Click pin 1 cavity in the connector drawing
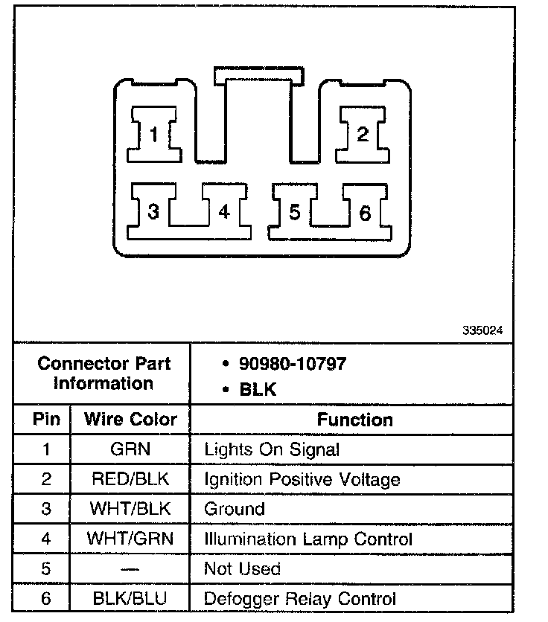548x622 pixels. [x=153, y=135]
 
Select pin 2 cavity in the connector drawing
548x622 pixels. [x=362, y=135]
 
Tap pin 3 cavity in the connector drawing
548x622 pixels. [x=153, y=212]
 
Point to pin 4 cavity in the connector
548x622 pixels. [x=224, y=212]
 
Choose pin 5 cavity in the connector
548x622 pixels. [x=295, y=212]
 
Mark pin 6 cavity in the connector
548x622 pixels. [x=365, y=213]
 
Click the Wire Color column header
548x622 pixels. [x=130, y=419]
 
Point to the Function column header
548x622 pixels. [x=354, y=419]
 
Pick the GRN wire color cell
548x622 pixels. [x=130, y=449]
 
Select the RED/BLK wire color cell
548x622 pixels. [x=130, y=479]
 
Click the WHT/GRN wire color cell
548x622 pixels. [x=130, y=539]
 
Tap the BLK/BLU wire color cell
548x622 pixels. [x=130, y=598]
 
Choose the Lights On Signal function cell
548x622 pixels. [x=272, y=449]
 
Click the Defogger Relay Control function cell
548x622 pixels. [x=300, y=598]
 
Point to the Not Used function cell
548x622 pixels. [x=242, y=568]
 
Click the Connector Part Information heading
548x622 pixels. [x=103, y=373]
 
